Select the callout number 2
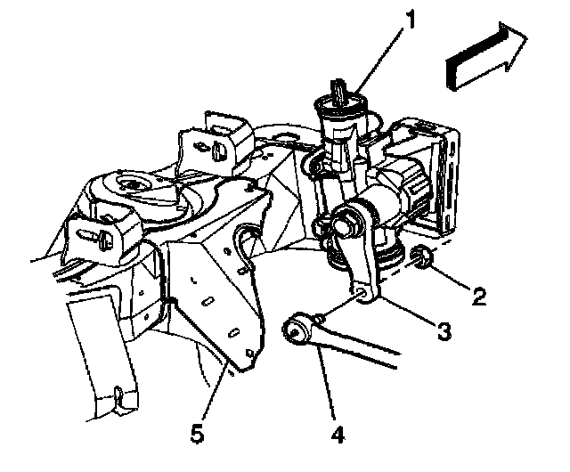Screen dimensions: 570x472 480,296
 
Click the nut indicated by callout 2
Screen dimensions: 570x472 424,260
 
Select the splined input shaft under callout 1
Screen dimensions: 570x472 338,92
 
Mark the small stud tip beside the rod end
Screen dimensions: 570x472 318,314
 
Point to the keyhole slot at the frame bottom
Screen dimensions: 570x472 118,393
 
